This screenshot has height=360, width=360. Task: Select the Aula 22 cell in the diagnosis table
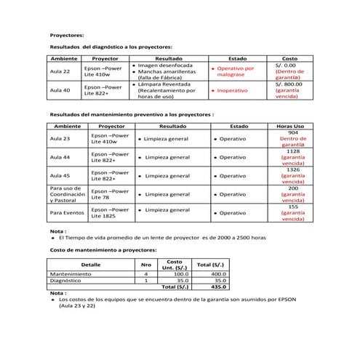tap(60, 72)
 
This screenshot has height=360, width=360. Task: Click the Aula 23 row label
tap(60, 138)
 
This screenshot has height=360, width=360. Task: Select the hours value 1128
tap(293, 151)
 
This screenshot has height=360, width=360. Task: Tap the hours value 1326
tap(293, 169)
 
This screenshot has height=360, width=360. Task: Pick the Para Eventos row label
tap(67, 212)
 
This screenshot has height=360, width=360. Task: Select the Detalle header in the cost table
tap(91, 264)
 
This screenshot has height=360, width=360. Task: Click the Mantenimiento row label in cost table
tap(73, 273)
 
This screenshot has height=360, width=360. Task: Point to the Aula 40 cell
tap(60, 91)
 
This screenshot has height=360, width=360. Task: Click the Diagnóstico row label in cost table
tap(69, 280)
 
